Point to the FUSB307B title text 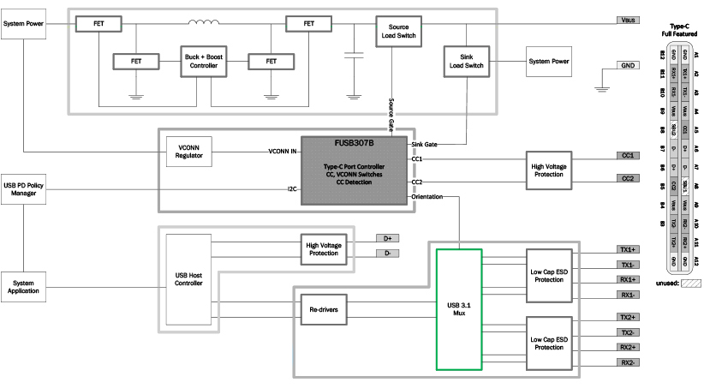click(353, 146)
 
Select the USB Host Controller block click(187, 280)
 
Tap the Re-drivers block click(323, 308)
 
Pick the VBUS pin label click(628, 20)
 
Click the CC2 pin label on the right click(627, 178)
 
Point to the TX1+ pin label click(628, 249)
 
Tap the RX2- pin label click(628, 362)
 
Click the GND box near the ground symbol click(628, 65)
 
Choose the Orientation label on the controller click(427, 197)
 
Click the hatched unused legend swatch click(690, 282)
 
